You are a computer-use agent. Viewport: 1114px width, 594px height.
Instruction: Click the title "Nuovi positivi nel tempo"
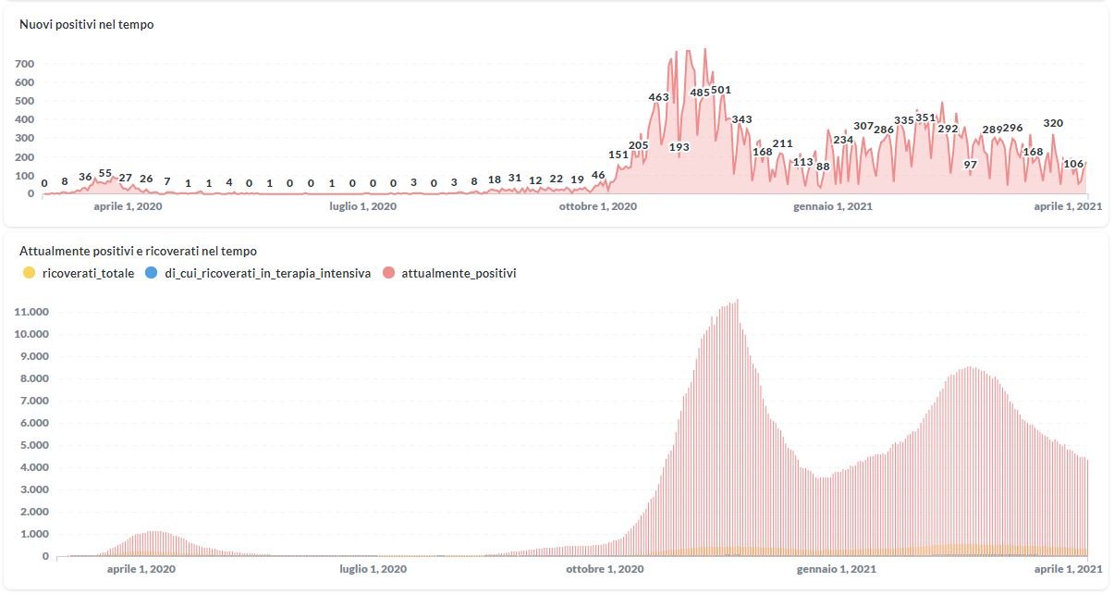(87, 25)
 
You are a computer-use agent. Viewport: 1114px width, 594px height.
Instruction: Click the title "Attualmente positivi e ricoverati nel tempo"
(138, 251)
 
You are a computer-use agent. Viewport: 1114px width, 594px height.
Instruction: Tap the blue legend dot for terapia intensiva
(153, 273)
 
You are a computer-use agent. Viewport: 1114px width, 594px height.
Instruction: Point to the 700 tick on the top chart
(24, 64)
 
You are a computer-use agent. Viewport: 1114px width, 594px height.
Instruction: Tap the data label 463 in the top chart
(658, 97)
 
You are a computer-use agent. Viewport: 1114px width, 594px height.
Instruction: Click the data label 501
(721, 91)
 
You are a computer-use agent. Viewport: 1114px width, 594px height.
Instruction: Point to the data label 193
(679, 147)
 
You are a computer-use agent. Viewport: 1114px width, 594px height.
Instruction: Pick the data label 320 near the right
(1053, 123)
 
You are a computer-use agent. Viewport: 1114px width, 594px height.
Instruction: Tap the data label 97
(970, 165)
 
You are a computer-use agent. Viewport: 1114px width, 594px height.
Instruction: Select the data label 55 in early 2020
(105, 174)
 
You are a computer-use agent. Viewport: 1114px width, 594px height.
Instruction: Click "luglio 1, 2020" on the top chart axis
(363, 206)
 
